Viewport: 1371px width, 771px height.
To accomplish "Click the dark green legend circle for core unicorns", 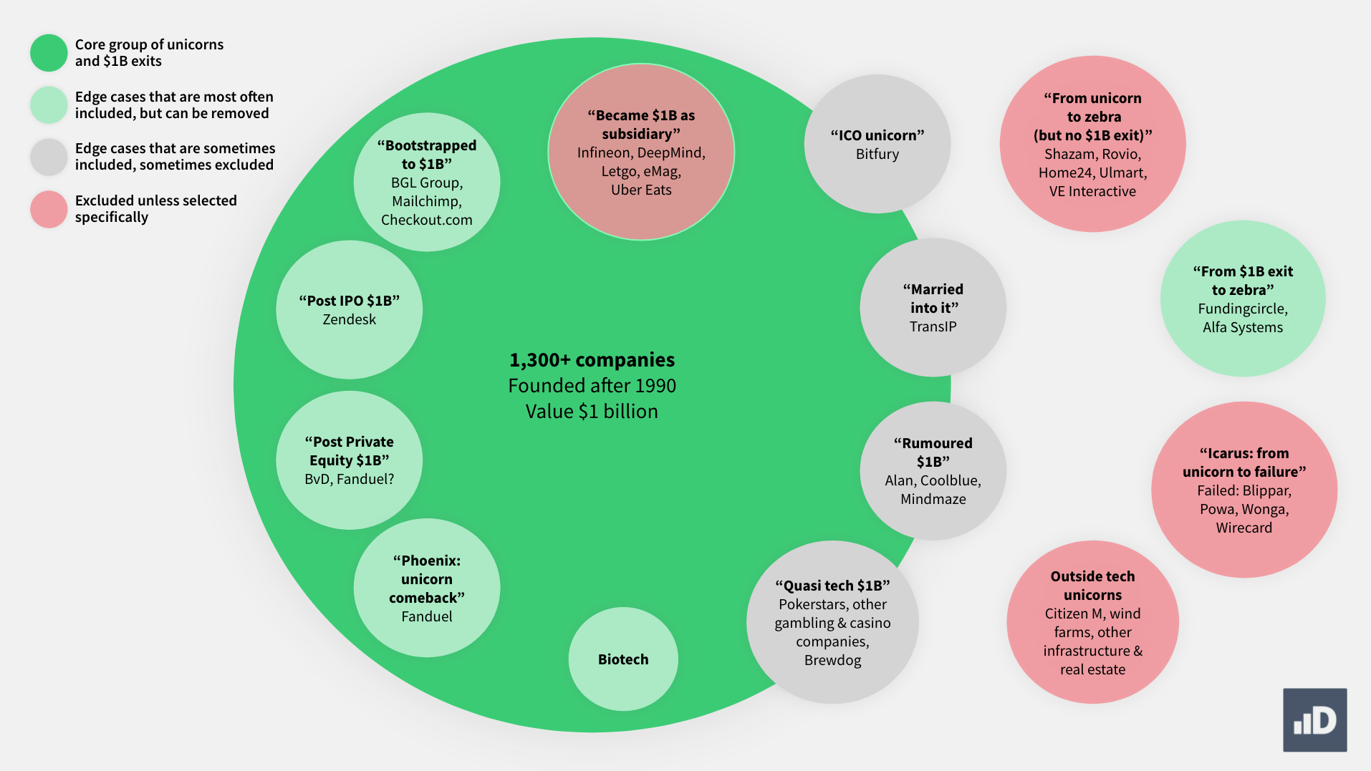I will pyautogui.click(x=49, y=53).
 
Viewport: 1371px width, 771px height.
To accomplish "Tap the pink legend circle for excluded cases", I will pyautogui.click(x=49, y=209).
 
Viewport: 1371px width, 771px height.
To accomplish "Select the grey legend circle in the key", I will pyautogui.click(x=49, y=157).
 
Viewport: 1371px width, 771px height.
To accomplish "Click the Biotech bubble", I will pyautogui.click(x=623, y=659).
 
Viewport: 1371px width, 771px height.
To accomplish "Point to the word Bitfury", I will pyautogui.click(x=877, y=154).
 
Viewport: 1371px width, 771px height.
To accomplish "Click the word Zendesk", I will pyautogui.click(x=349, y=319).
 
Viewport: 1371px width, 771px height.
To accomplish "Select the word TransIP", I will pyautogui.click(x=933, y=326).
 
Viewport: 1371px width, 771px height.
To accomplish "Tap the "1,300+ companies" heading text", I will pyautogui.click(x=592, y=359).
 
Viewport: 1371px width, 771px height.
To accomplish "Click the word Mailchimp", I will pyautogui.click(x=426, y=201).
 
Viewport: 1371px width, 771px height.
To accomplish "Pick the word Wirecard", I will pyautogui.click(x=1243, y=528).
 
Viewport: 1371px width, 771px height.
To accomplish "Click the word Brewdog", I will pyautogui.click(x=832, y=660).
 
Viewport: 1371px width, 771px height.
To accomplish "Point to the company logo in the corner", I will pyautogui.click(x=1314, y=720).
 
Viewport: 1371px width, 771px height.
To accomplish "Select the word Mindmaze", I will pyautogui.click(x=933, y=499).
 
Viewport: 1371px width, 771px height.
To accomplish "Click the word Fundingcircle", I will pyautogui.click(x=1243, y=309).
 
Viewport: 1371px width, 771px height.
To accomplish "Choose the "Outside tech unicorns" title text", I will pyautogui.click(x=1092, y=586).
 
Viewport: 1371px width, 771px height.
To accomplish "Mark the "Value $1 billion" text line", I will pyautogui.click(x=592, y=412).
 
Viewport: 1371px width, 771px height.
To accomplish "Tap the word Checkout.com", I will pyautogui.click(x=426, y=220).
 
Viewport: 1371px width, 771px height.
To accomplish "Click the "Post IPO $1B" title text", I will pyautogui.click(x=349, y=301).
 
